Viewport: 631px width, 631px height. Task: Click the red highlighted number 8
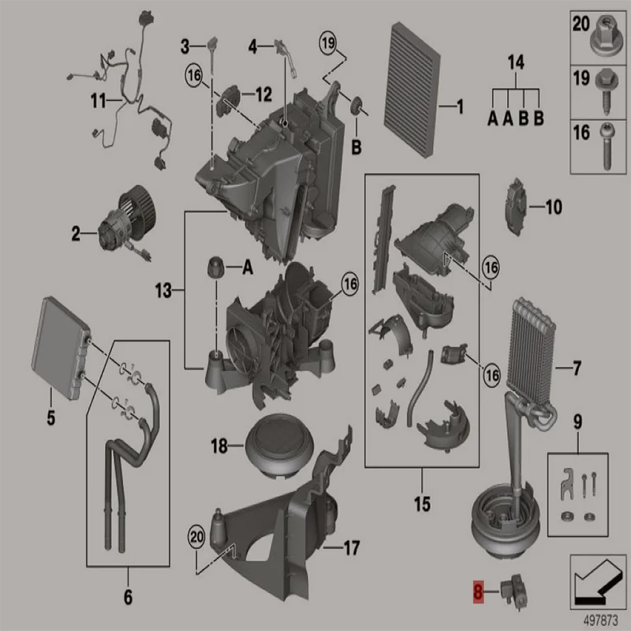477,590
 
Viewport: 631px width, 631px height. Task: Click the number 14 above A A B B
515,61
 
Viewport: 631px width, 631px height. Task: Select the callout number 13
162,292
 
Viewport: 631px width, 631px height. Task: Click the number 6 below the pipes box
128,596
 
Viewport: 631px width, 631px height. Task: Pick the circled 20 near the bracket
195,537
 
